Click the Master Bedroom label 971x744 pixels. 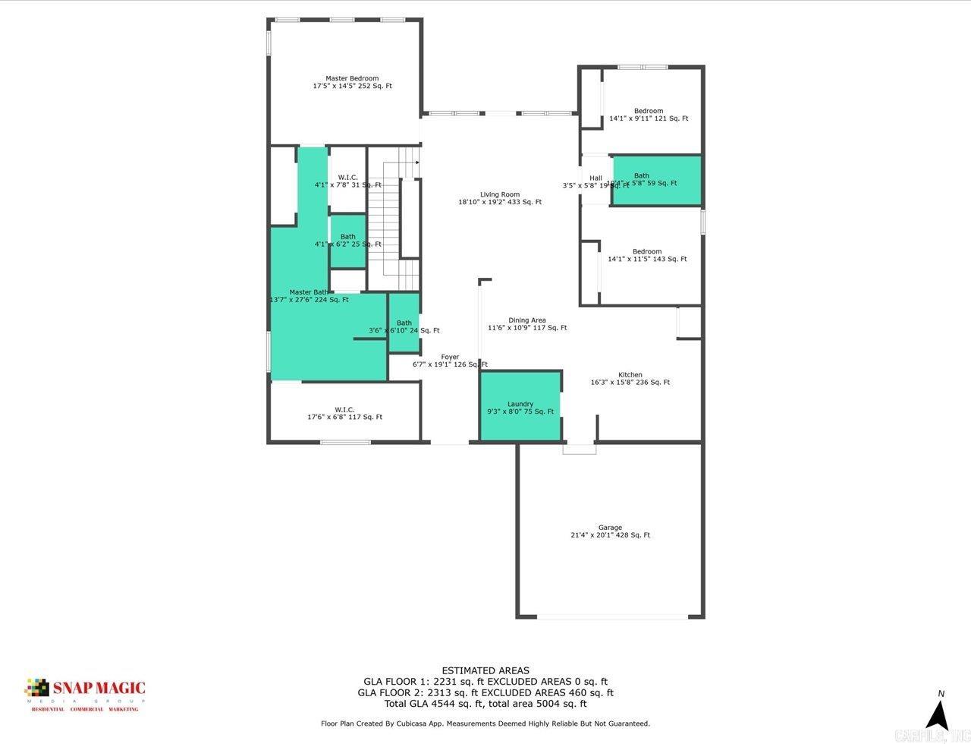[x=352, y=82]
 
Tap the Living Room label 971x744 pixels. [x=499, y=198]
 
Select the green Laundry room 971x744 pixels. [x=520, y=407]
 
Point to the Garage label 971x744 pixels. [x=610, y=531]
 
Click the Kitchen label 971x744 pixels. [x=630, y=378]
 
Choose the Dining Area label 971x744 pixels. [x=526, y=324]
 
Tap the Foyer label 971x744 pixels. [x=450, y=361]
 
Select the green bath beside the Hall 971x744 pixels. [x=656, y=180]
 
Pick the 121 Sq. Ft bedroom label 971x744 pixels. [x=649, y=115]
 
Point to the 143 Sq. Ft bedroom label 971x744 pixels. [x=647, y=255]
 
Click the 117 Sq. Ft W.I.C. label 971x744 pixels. [x=344, y=413]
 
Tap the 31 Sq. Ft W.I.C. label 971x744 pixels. [x=347, y=181]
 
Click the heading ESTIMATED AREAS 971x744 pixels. [x=485, y=670]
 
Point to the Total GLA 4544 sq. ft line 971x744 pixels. [x=485, y=704]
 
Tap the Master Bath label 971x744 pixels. [x=309, y=295]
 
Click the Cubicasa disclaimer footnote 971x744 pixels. [x=485, y=724]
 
